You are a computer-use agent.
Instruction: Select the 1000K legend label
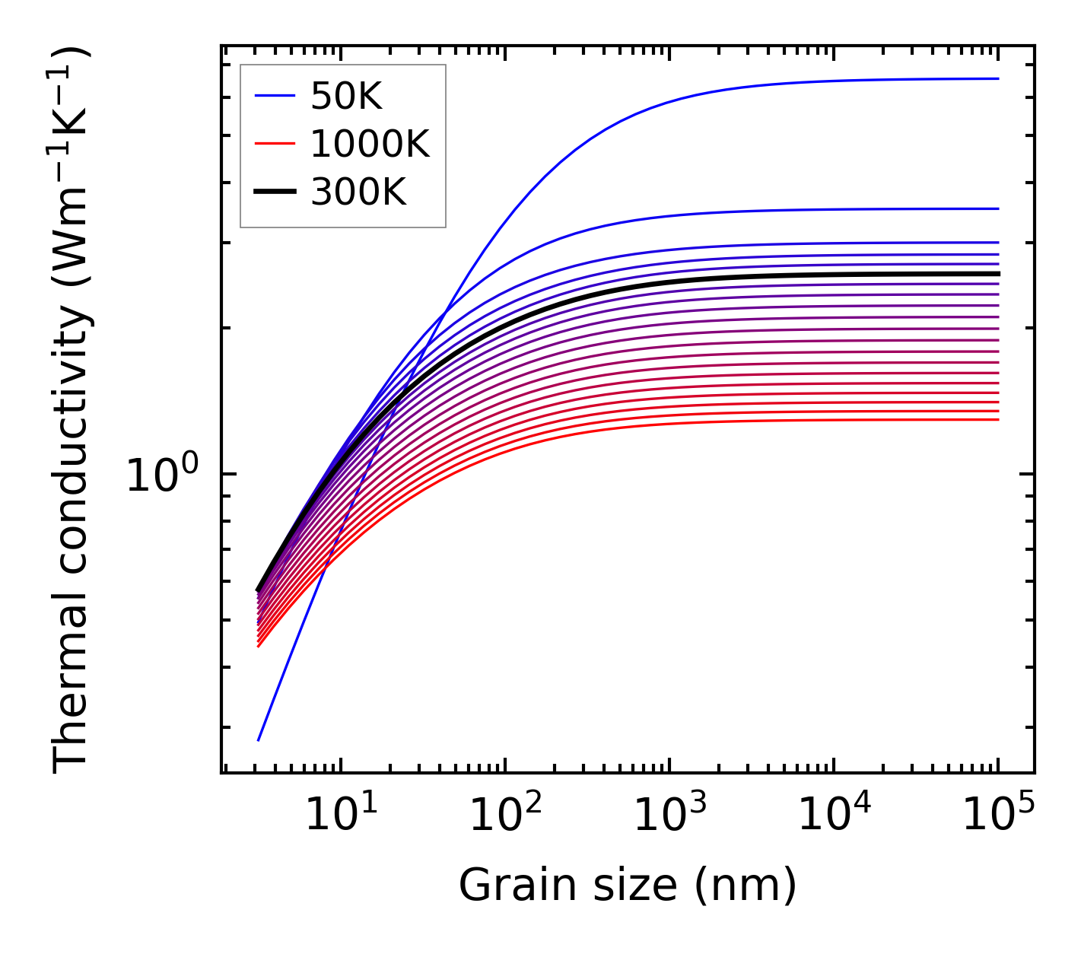point(370,144)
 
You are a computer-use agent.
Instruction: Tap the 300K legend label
point(358,192)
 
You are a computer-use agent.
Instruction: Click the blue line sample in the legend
point(274,96)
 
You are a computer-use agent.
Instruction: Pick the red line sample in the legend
point(274,144)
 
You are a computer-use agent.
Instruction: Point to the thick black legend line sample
point(274,192)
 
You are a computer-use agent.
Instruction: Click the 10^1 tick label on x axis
point(341,815)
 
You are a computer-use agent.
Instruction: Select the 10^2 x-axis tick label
point(505,815)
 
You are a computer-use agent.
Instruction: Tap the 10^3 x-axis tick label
point(669,815)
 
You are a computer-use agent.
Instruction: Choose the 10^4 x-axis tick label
point(834,815)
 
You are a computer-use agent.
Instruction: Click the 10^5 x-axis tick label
point(998,815)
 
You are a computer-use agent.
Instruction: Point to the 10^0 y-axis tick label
point(161,475)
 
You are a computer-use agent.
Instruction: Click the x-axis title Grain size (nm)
point(628,886)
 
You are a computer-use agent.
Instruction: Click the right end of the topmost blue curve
point(998,78)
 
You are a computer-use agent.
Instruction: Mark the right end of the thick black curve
point(998,273)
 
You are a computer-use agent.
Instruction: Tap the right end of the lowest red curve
point(998,419)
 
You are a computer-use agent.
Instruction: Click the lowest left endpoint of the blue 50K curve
point(259,739)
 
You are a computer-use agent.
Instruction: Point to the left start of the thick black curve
point(258,590)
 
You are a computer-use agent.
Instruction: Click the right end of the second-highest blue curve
point(998,208)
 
